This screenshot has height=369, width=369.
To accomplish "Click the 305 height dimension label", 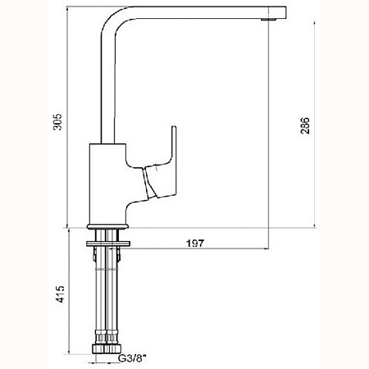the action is point(57,121).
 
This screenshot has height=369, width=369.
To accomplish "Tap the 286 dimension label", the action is point(305,125).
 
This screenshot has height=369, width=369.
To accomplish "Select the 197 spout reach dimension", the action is point(195,243).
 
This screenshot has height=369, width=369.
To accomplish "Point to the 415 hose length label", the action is point(60,294).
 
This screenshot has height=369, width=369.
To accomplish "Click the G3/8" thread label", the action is point(132,358).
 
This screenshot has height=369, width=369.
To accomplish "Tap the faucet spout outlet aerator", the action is point(268,20).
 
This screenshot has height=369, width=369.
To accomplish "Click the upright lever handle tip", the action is point(174,127).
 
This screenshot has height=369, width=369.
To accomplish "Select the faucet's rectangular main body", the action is point(107,184).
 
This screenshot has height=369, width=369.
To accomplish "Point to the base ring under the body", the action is point(107,226).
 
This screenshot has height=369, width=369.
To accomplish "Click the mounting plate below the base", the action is point(108,244).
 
